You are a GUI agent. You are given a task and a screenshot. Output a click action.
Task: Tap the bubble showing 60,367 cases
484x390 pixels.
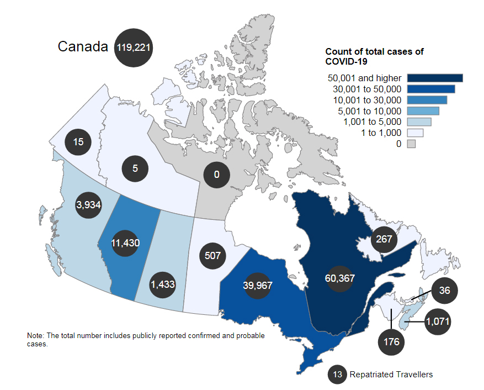pyautogui.click(x=339, y=278)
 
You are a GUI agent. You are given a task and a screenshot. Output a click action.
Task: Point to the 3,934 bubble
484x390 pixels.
pyautogui.click(x=89, y=205)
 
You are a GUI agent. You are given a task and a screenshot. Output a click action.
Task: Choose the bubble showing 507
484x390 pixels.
pyautogui.click(x=212, y=256)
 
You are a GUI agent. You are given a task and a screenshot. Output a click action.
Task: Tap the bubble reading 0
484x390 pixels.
pyautogui.click(x=217, y=175)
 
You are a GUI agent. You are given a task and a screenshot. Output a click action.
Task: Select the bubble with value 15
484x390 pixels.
pyautogui.click(x=78, y=143)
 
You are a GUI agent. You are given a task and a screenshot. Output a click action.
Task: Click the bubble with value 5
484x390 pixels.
pyautogui.click(x=135, y=168)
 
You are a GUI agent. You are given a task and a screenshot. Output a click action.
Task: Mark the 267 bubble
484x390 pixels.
pyautogui.click(x=384, y=239)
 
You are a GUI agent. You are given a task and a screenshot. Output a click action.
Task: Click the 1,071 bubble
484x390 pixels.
pyautogui.click(x=438, y=320)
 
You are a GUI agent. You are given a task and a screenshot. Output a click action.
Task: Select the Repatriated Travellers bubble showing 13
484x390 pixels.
pyautogui.click(x=338, y=375)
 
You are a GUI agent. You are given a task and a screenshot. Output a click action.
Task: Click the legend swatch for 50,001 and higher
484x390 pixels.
pyautogui.click(x=434, y=78)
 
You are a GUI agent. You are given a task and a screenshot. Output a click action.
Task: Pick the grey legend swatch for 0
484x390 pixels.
pyautogui.click(x=411, y=144)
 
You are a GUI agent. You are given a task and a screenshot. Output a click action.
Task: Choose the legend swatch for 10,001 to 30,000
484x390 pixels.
pyautogui.click(x=427, y=100)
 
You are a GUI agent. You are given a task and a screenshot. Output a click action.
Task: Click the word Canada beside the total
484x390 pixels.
pyautogui.click(x=82, y=47)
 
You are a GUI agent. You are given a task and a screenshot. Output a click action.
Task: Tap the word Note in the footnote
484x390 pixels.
pyautogui.click(x=34, y=336)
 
